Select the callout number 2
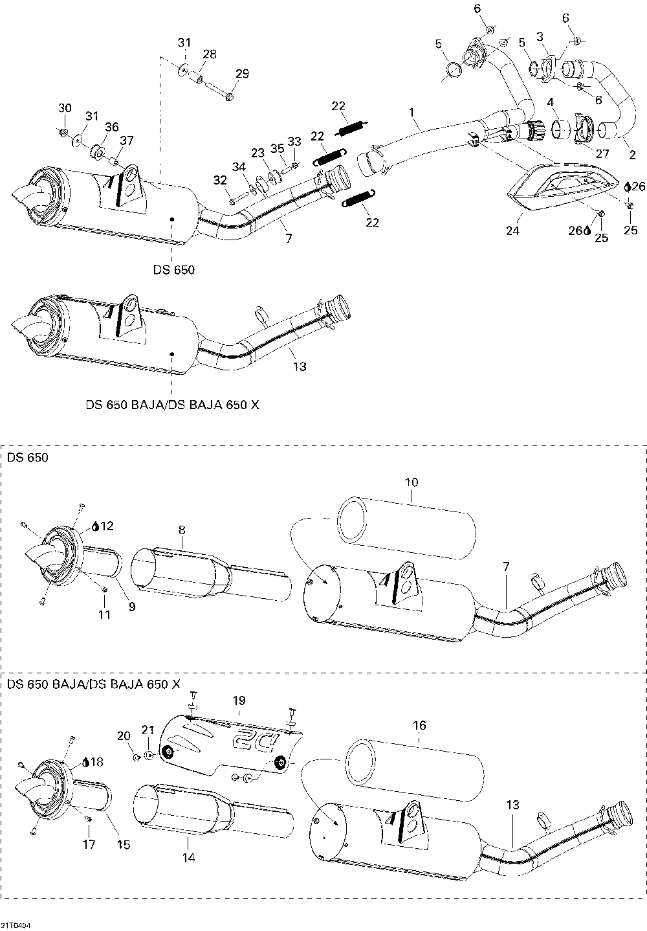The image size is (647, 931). coord(632,155)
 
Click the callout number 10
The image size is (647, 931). coord(411,482)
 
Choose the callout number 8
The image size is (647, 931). coord(182,530)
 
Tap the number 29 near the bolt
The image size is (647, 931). coord(241,74)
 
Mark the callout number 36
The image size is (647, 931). coord(112,127)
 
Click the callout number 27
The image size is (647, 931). coord(603,153)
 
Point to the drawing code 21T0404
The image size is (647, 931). coord(16,925)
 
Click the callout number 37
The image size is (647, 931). coord(126,140)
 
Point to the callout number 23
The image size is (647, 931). coord(258,153)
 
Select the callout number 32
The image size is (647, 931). coord(221,179)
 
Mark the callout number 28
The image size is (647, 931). coord(210,54)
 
